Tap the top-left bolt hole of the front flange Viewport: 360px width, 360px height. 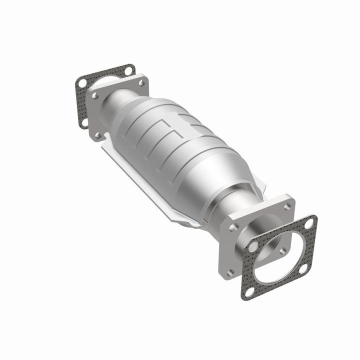233,227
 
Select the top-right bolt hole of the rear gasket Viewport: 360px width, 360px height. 129,71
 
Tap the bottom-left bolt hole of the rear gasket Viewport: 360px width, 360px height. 84,121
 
